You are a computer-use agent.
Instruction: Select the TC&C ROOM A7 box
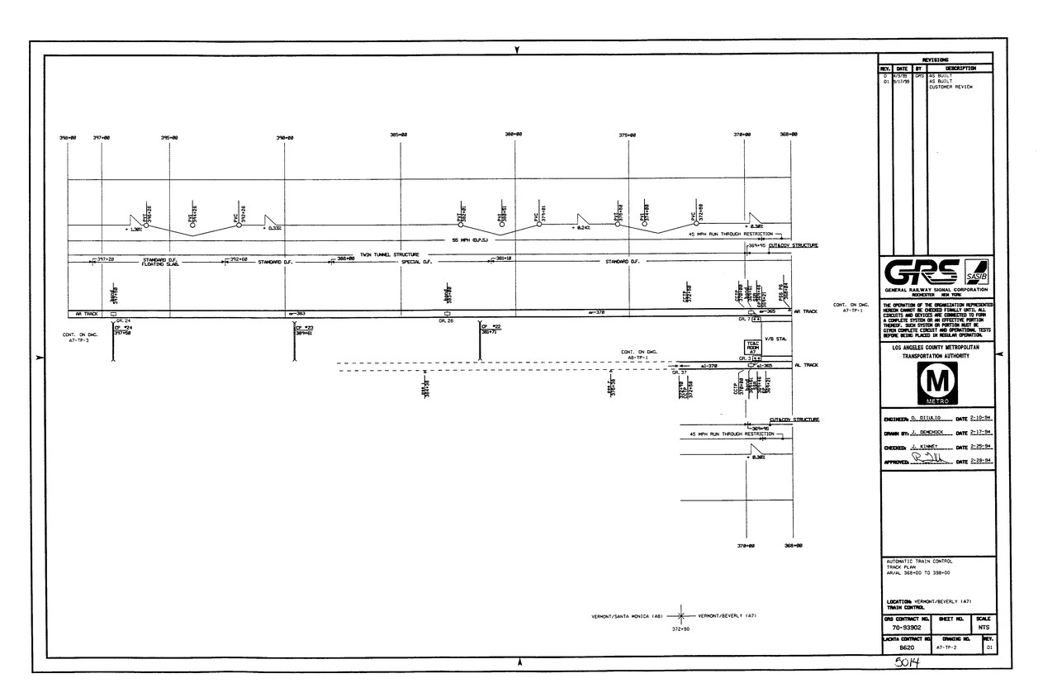coord(752,346)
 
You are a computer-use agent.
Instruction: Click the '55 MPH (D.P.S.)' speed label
coord(471,240)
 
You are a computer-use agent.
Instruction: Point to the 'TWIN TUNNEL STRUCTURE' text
coord(390,254)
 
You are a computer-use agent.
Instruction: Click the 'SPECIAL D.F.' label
coord(417,262)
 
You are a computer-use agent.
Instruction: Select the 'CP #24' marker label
coord(123,328)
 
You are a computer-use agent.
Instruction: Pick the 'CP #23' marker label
coord(304,328)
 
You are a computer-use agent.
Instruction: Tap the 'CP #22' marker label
coord(492,328)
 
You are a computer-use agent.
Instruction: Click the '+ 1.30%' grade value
coord(134,229)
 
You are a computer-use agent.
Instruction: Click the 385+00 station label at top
coord(401,135)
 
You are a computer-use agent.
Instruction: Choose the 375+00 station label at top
coord(628,135)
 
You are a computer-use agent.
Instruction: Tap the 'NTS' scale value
coord(984,628)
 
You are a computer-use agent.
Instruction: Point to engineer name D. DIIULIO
coord(929,420)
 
